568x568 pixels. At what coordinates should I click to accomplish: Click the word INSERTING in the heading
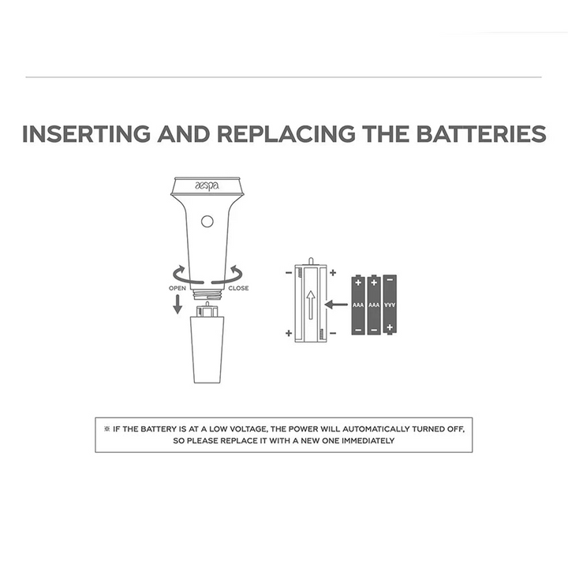[x=86, y=134]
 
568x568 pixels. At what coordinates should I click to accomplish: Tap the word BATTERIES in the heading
[x=481, y=134]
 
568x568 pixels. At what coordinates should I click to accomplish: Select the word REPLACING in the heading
[x=286, y=134]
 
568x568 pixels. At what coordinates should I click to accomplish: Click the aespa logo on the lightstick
[x=207, y=186]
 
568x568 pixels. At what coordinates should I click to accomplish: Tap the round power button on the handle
[x=207, y=222]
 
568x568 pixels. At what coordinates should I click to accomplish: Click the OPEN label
[x=177, y=289]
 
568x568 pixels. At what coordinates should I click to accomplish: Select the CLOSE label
[x=238, y=289]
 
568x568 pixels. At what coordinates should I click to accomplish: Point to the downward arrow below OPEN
[x=177, y=304]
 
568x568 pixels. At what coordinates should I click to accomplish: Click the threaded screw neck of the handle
[x=207, y=293]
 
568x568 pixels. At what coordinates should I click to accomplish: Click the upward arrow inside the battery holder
[x=311, y=305]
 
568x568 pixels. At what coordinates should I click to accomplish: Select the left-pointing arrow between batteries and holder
[x=336, y=305]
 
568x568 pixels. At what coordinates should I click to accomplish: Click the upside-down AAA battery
[x=390, y=305]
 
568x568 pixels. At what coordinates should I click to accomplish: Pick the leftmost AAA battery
[x=358, y=305]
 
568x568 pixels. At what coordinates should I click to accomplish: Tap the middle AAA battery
[x=374, y=305]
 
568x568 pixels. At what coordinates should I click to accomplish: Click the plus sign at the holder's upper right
[x=333, y=273]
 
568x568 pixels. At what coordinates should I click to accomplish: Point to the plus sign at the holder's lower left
[x=289, y=333]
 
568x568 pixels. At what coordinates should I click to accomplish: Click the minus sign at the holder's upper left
[x=289, y=273]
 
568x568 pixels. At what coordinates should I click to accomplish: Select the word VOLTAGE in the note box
[x=249, y=429]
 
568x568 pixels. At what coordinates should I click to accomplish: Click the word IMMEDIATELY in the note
[x=368, y=441]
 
